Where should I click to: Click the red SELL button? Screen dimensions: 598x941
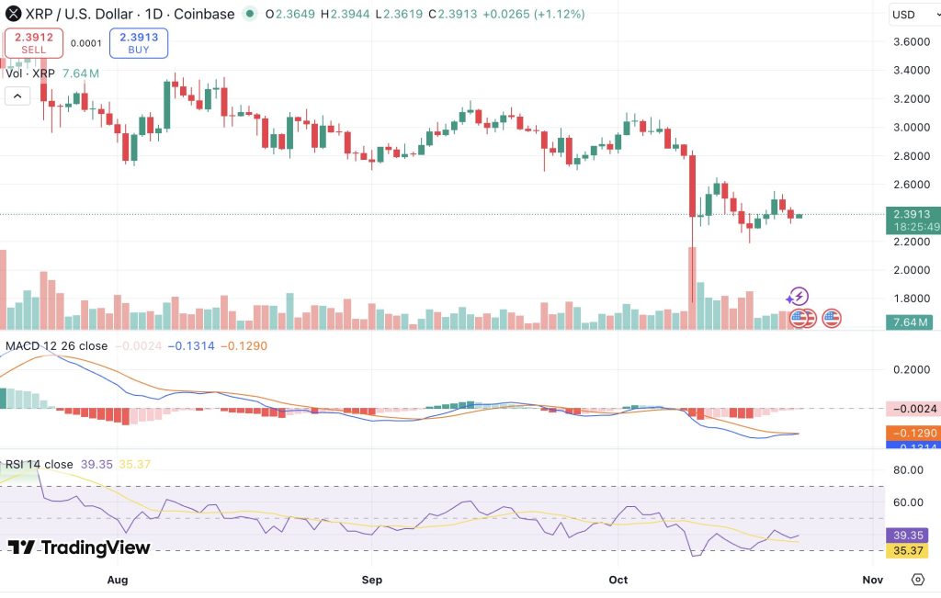click(x=34, y=43)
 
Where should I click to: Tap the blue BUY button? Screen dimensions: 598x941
click(x=138, y=43)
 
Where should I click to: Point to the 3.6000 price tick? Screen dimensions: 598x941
click(x=909, y=42)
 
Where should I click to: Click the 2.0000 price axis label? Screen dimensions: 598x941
click(x=909, y=270)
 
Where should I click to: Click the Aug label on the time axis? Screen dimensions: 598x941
click(x=117, y=580)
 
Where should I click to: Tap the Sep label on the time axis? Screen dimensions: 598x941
click(x=372, y=580)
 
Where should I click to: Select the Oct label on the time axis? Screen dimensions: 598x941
click(x=618, y=580)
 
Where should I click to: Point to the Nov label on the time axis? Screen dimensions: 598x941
click(x=873, y=580)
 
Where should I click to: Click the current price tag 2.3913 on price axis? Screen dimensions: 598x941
click(x=909, y=214)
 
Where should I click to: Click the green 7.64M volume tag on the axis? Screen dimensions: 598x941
click(x=909, y=322)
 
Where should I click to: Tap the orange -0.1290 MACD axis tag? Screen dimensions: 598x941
click(x=909, y=433)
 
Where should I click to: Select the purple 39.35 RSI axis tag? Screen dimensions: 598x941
click(x=909, y=535)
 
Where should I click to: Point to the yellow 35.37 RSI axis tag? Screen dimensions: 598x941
click(x=909, y=551)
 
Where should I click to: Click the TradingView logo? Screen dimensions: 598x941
click(x=79, y=547)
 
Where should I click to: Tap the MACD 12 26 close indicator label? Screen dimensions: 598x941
click(x=57, y=346)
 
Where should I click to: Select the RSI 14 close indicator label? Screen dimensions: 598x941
click(x=40, y=465)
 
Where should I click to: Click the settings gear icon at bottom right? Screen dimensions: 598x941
click(x=917, y=580)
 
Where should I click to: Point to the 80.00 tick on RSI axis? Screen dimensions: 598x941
click(x=909, y=470)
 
